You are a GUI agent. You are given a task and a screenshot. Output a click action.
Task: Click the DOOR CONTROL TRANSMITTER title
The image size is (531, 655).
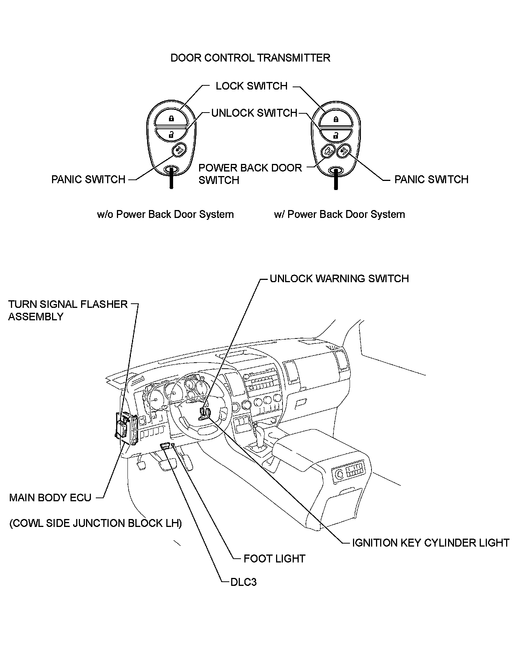tap(250, 58)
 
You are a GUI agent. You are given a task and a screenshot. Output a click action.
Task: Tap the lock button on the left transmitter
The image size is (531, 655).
tap(171, 118)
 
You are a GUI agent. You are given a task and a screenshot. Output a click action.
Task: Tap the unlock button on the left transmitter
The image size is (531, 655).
tap(171, 134)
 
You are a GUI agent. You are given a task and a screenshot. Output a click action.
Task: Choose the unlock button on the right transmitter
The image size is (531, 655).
tap(335, 135)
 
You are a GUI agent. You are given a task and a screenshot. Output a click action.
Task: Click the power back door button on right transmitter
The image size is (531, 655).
tap(327, 152)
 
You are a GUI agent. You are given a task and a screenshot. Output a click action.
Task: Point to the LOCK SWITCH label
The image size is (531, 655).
tap(251, 86)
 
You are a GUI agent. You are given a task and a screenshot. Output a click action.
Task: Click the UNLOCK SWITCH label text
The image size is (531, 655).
tap(254, 113)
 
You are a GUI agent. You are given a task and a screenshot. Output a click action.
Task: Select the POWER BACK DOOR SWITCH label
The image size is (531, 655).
tap(250, 174)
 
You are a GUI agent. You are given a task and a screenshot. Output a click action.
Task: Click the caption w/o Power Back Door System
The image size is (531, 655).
tap(165, 215)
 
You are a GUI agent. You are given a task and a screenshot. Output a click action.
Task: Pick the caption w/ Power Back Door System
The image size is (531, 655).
tap(339, 215)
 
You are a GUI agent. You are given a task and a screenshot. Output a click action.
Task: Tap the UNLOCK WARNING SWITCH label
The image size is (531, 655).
tap(339, 279)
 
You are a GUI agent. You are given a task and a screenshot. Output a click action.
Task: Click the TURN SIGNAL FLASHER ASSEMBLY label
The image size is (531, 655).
tap(68, 310)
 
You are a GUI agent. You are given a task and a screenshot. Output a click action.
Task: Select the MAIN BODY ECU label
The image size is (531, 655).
tap(50, 497)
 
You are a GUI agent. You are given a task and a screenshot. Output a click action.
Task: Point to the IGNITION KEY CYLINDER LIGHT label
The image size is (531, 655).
tap(430, 543)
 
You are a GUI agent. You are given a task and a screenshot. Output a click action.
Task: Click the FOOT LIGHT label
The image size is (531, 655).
tap(274, 559)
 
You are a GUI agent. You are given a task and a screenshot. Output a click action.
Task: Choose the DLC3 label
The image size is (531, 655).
tap(243, 582)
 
